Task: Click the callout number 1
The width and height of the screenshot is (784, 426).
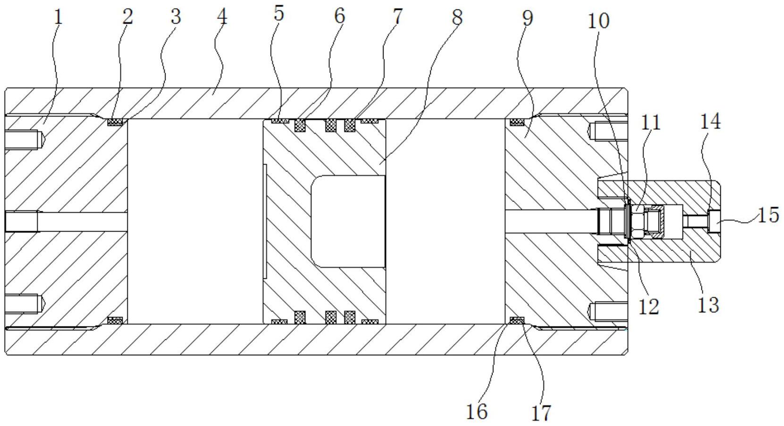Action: pyautogui.click(x=58, y=17)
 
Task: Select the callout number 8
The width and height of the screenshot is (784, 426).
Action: pyautogui.click(x=457, y=17)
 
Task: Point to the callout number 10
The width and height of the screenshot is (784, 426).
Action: pyautogui.click(x=599, y=21)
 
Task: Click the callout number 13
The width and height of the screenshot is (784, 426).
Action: pyautogui.click(x=709, y=305)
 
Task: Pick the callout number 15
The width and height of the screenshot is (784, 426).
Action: pyautogui.click(x=768, y=215)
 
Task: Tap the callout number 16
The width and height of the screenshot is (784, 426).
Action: pyautogui.click(x=477, y=411)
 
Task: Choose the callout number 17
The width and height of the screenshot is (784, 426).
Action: pyautogui.click(x=541, y=413)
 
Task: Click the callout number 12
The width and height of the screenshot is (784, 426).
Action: pyautogui.click(x=649, y=307)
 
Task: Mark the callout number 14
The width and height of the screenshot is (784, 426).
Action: pyautogui.click(x=710, y=122)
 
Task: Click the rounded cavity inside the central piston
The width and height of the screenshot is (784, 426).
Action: pyautogui.click(x=348, y=222)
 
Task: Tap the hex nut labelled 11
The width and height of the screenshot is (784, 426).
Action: pyautogui.click(x=637, y=222)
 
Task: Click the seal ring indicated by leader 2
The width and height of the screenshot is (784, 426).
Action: pyautogui.click(x=115, y=122)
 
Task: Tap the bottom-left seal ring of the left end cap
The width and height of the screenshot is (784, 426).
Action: pyautogui.click(x=115, y=320)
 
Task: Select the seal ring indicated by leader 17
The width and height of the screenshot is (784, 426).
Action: pyautogui.click(x=517, y=320)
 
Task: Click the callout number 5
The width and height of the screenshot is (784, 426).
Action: pyautogui.click(x=279, y=14)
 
